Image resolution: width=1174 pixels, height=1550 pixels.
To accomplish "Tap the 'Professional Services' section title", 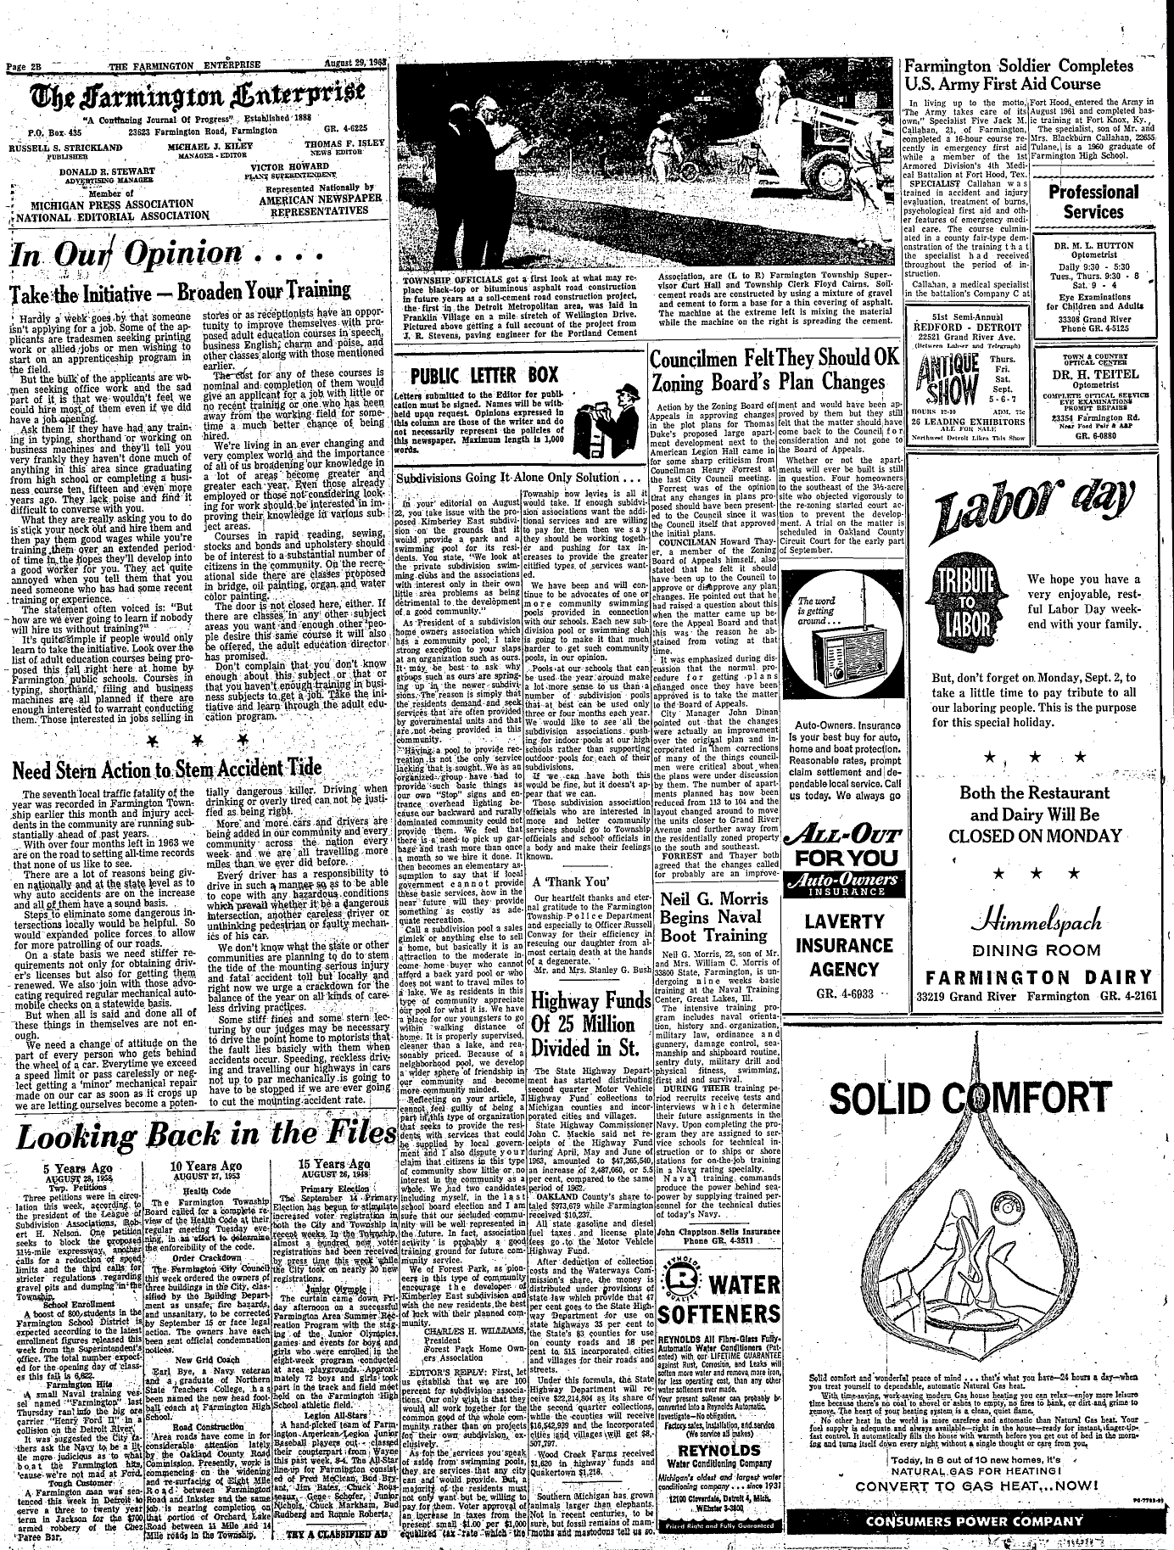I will [x=1093, y=202].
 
